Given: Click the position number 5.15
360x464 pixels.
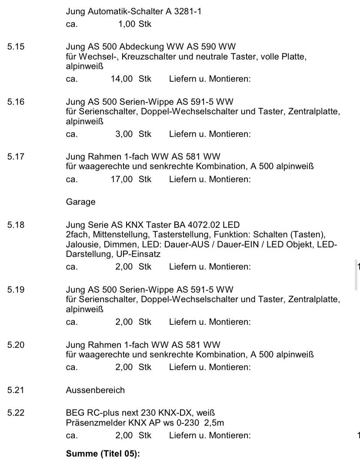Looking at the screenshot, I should [x=16, y=46].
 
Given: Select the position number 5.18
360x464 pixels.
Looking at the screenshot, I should [x=16, y=225].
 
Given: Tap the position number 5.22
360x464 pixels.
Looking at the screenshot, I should [x=16, y=413].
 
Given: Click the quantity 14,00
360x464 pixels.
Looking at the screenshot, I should [x=122, y=79].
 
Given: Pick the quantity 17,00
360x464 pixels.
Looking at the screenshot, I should [x=122, y=179].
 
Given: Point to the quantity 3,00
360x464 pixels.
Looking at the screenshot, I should [x=124, y=134].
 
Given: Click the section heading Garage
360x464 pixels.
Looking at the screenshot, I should [x=80, y=202].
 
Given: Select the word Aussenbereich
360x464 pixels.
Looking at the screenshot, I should [x=95, y=390].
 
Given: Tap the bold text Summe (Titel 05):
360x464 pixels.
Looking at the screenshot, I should [x=103, y=454].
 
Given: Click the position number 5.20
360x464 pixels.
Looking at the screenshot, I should [x=16, y=345].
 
